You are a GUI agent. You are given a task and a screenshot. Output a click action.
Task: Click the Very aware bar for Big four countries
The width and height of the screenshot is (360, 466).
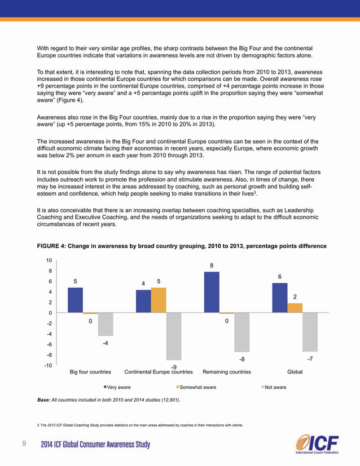(75, 300)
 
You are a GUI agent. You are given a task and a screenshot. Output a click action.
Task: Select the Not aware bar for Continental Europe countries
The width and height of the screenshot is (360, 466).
(174, 336)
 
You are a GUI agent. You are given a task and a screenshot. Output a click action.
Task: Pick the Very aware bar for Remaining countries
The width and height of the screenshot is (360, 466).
(212, 292)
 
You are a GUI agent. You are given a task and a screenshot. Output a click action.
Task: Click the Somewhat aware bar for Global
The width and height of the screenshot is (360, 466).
(295, 307)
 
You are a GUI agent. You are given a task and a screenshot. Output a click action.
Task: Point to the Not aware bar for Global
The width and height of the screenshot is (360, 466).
(310, 332)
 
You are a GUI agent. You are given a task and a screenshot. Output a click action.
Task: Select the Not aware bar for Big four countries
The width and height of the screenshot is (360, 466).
(106, 324)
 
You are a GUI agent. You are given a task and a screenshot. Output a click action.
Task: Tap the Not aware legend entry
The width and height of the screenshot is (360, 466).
(274, 387)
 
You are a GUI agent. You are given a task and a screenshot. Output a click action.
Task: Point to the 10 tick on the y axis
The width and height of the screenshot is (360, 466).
(49, 261)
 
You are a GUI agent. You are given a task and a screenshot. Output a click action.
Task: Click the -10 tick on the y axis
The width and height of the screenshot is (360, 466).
(48, 366)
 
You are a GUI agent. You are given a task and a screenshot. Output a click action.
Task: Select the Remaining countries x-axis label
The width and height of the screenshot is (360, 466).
(226, 372)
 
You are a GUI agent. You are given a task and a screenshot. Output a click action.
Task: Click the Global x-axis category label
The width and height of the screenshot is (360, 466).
(295, 372)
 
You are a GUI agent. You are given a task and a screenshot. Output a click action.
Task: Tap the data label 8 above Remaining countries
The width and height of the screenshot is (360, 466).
(212, 265)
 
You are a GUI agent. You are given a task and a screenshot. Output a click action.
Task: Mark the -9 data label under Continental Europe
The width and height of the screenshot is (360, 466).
(174, 367)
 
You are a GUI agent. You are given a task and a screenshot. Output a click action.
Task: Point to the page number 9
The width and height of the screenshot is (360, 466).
(24, 444)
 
